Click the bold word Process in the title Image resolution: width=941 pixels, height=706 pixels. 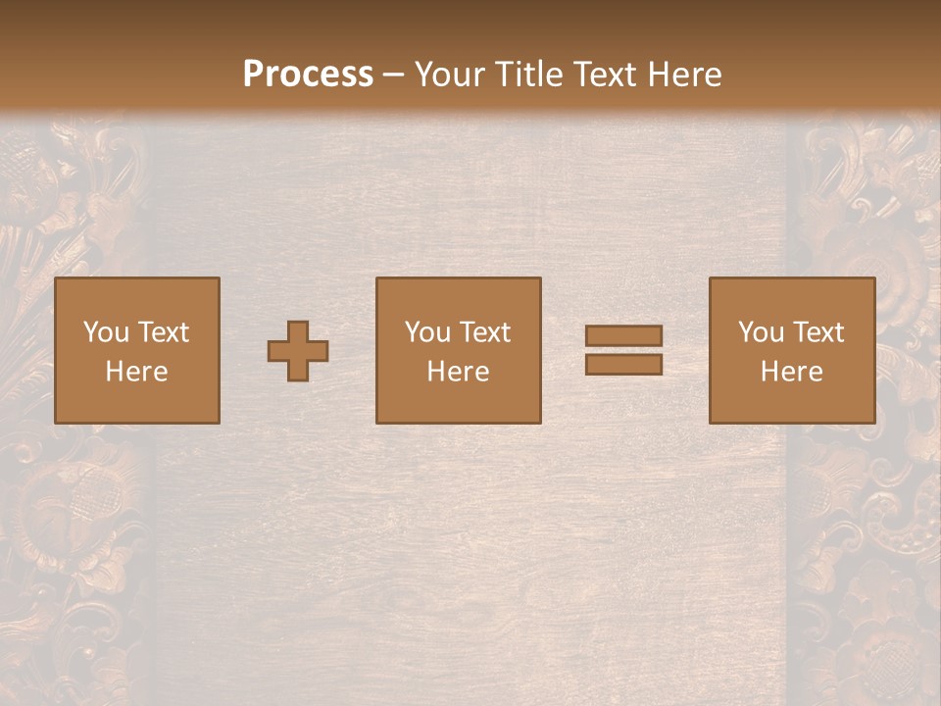[x=308, y=74]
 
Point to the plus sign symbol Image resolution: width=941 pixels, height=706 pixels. [x=298, y=351]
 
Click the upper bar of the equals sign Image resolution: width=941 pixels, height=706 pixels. [x=623, y=336]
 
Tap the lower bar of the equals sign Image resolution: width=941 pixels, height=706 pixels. [x=623, y=364]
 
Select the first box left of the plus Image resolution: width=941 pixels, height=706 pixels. [x=137, y=350]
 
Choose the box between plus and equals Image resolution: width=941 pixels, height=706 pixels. [x=459, y=350]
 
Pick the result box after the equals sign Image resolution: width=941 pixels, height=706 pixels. [x=792, y=350]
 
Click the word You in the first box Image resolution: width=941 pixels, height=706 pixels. [x=106, y=332]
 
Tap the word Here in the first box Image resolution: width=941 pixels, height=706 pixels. [x=137, y=372]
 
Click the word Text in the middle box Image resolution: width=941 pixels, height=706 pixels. [x=484, y=332]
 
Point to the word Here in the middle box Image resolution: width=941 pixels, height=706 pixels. [x=459, y=372]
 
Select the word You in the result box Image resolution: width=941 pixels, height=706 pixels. [x=761, y=332]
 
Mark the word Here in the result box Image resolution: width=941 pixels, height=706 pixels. [x=792, y=372]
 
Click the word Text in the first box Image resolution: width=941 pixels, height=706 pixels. [x=163, y=332]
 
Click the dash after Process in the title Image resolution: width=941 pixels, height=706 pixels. [x=394, y=76]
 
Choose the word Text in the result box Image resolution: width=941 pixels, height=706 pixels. [x=817, y=332]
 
